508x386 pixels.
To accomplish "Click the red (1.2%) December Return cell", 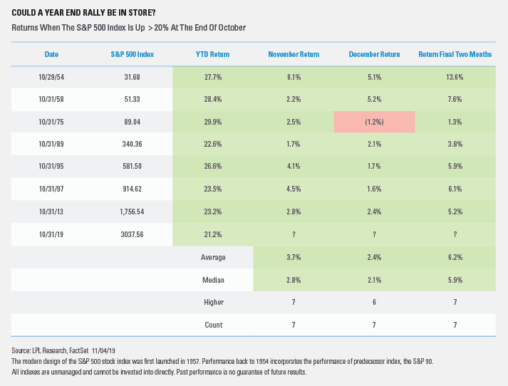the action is [x=374, y=122].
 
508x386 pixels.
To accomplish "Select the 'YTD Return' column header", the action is [x=212, y=54].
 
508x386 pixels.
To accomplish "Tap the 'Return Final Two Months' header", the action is [x=455, y=54].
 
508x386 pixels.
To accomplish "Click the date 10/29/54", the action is [x=51, y=77].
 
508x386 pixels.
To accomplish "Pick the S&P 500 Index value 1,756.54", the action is [x=132, y=212].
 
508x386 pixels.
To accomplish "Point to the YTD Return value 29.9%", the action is [x=213, y=122].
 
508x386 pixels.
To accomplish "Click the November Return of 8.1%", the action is [x=294, y=77].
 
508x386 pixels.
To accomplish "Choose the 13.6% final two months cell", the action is [x=455, y=77].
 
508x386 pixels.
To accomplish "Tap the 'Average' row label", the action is [x=213, y=257].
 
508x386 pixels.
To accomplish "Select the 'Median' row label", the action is [x=213, y=280].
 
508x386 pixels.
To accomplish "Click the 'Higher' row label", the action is [x=214, y=303].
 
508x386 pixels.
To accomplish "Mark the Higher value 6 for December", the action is [x=374, y=303].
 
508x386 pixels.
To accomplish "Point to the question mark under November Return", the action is [x=294, y=235].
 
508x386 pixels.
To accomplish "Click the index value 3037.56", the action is [x=132, y=234].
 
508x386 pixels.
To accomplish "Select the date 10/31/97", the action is [x=51, y=189].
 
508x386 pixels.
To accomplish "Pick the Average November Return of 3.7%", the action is [x=294, y=257].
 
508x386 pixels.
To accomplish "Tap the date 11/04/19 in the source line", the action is [x=103, y=350].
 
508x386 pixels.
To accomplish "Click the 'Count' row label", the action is [x=214, y=325].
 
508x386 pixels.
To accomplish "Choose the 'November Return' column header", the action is [x=294, y=54].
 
